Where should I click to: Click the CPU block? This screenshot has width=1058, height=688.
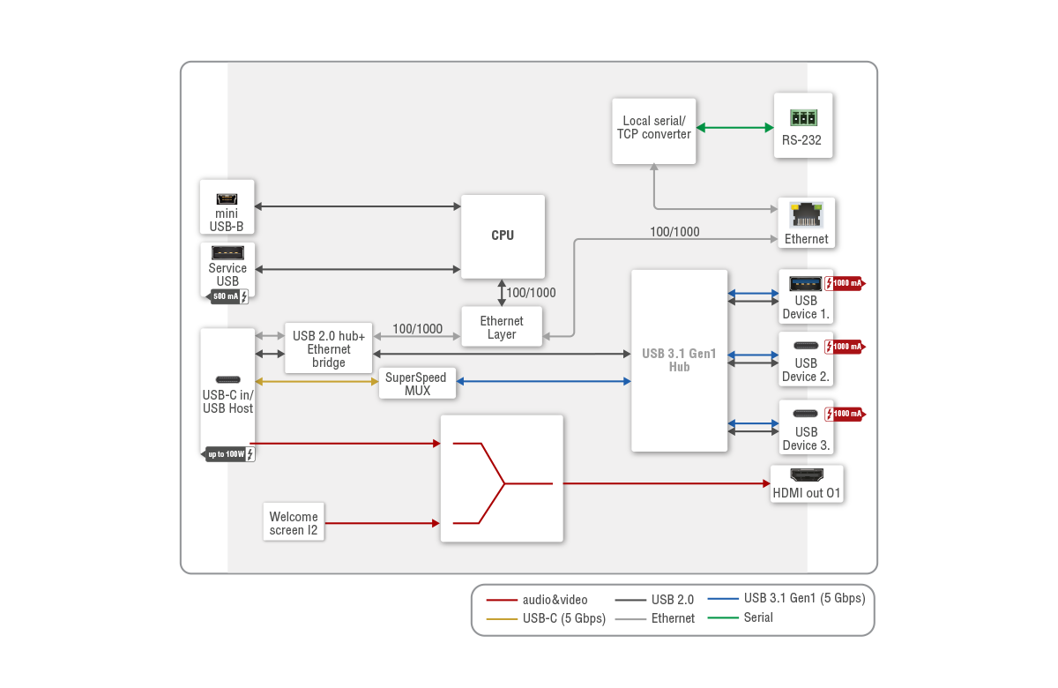click(503, 236)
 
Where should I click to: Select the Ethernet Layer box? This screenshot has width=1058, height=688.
click(502, 327)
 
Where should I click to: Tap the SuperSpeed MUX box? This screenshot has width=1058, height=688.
click(417, 384)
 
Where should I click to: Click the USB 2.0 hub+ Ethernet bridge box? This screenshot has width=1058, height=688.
click(329, 349)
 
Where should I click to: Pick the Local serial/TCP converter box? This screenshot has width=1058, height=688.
click(653, 131)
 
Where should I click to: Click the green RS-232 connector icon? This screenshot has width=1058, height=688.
click(803, 117)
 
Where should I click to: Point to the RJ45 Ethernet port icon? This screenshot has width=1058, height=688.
click(806, 214)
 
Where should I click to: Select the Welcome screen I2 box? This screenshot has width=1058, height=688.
click(294, 522)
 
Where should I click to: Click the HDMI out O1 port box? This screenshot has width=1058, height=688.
click(806, 484)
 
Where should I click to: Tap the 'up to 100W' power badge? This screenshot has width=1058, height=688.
click(229, 454)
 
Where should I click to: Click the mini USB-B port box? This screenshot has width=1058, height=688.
click(227, 208)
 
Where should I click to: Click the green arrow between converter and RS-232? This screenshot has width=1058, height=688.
click(734, 128)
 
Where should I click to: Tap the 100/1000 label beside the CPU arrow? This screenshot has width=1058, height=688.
click(531, 293)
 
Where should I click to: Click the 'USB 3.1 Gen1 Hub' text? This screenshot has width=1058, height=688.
click(679, 360)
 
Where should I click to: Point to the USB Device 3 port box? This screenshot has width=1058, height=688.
click(805, 428)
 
